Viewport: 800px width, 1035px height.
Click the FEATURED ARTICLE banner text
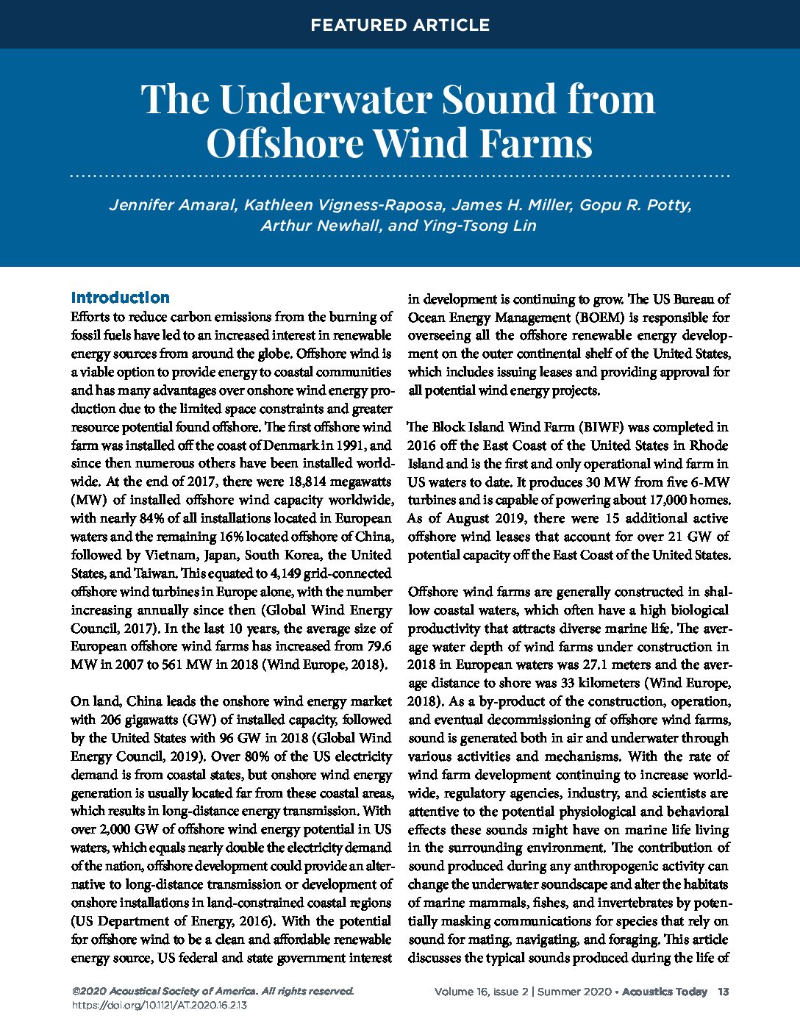click(x=399, y=25)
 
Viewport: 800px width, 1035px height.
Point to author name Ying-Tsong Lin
click(x=479, y=225)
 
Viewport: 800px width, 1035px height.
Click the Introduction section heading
click(x=120, y=298)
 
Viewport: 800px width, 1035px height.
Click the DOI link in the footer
click(x=159, y=1005)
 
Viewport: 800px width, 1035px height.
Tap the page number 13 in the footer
click(x=724, y=992)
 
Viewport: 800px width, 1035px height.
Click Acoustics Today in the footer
click(x=664, y=992)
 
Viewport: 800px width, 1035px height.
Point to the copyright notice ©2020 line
click(x=213, y=991)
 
